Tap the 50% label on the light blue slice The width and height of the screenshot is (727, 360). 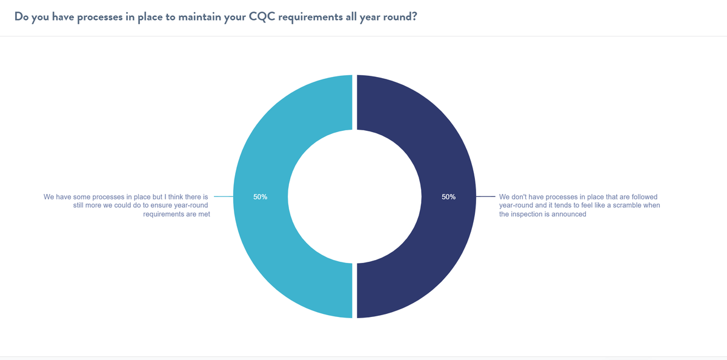tap(261, 197)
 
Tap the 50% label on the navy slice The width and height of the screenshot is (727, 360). tap(449, 197)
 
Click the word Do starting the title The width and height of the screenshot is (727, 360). tap(21, 16)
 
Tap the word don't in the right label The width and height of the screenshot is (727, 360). tap(520, 197)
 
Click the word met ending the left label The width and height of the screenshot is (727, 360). tap(204, 214)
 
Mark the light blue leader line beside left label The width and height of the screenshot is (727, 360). tap(224, 197)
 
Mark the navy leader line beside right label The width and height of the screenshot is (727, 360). tap(485, 197)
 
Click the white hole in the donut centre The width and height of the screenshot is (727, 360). tap(354, 197)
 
